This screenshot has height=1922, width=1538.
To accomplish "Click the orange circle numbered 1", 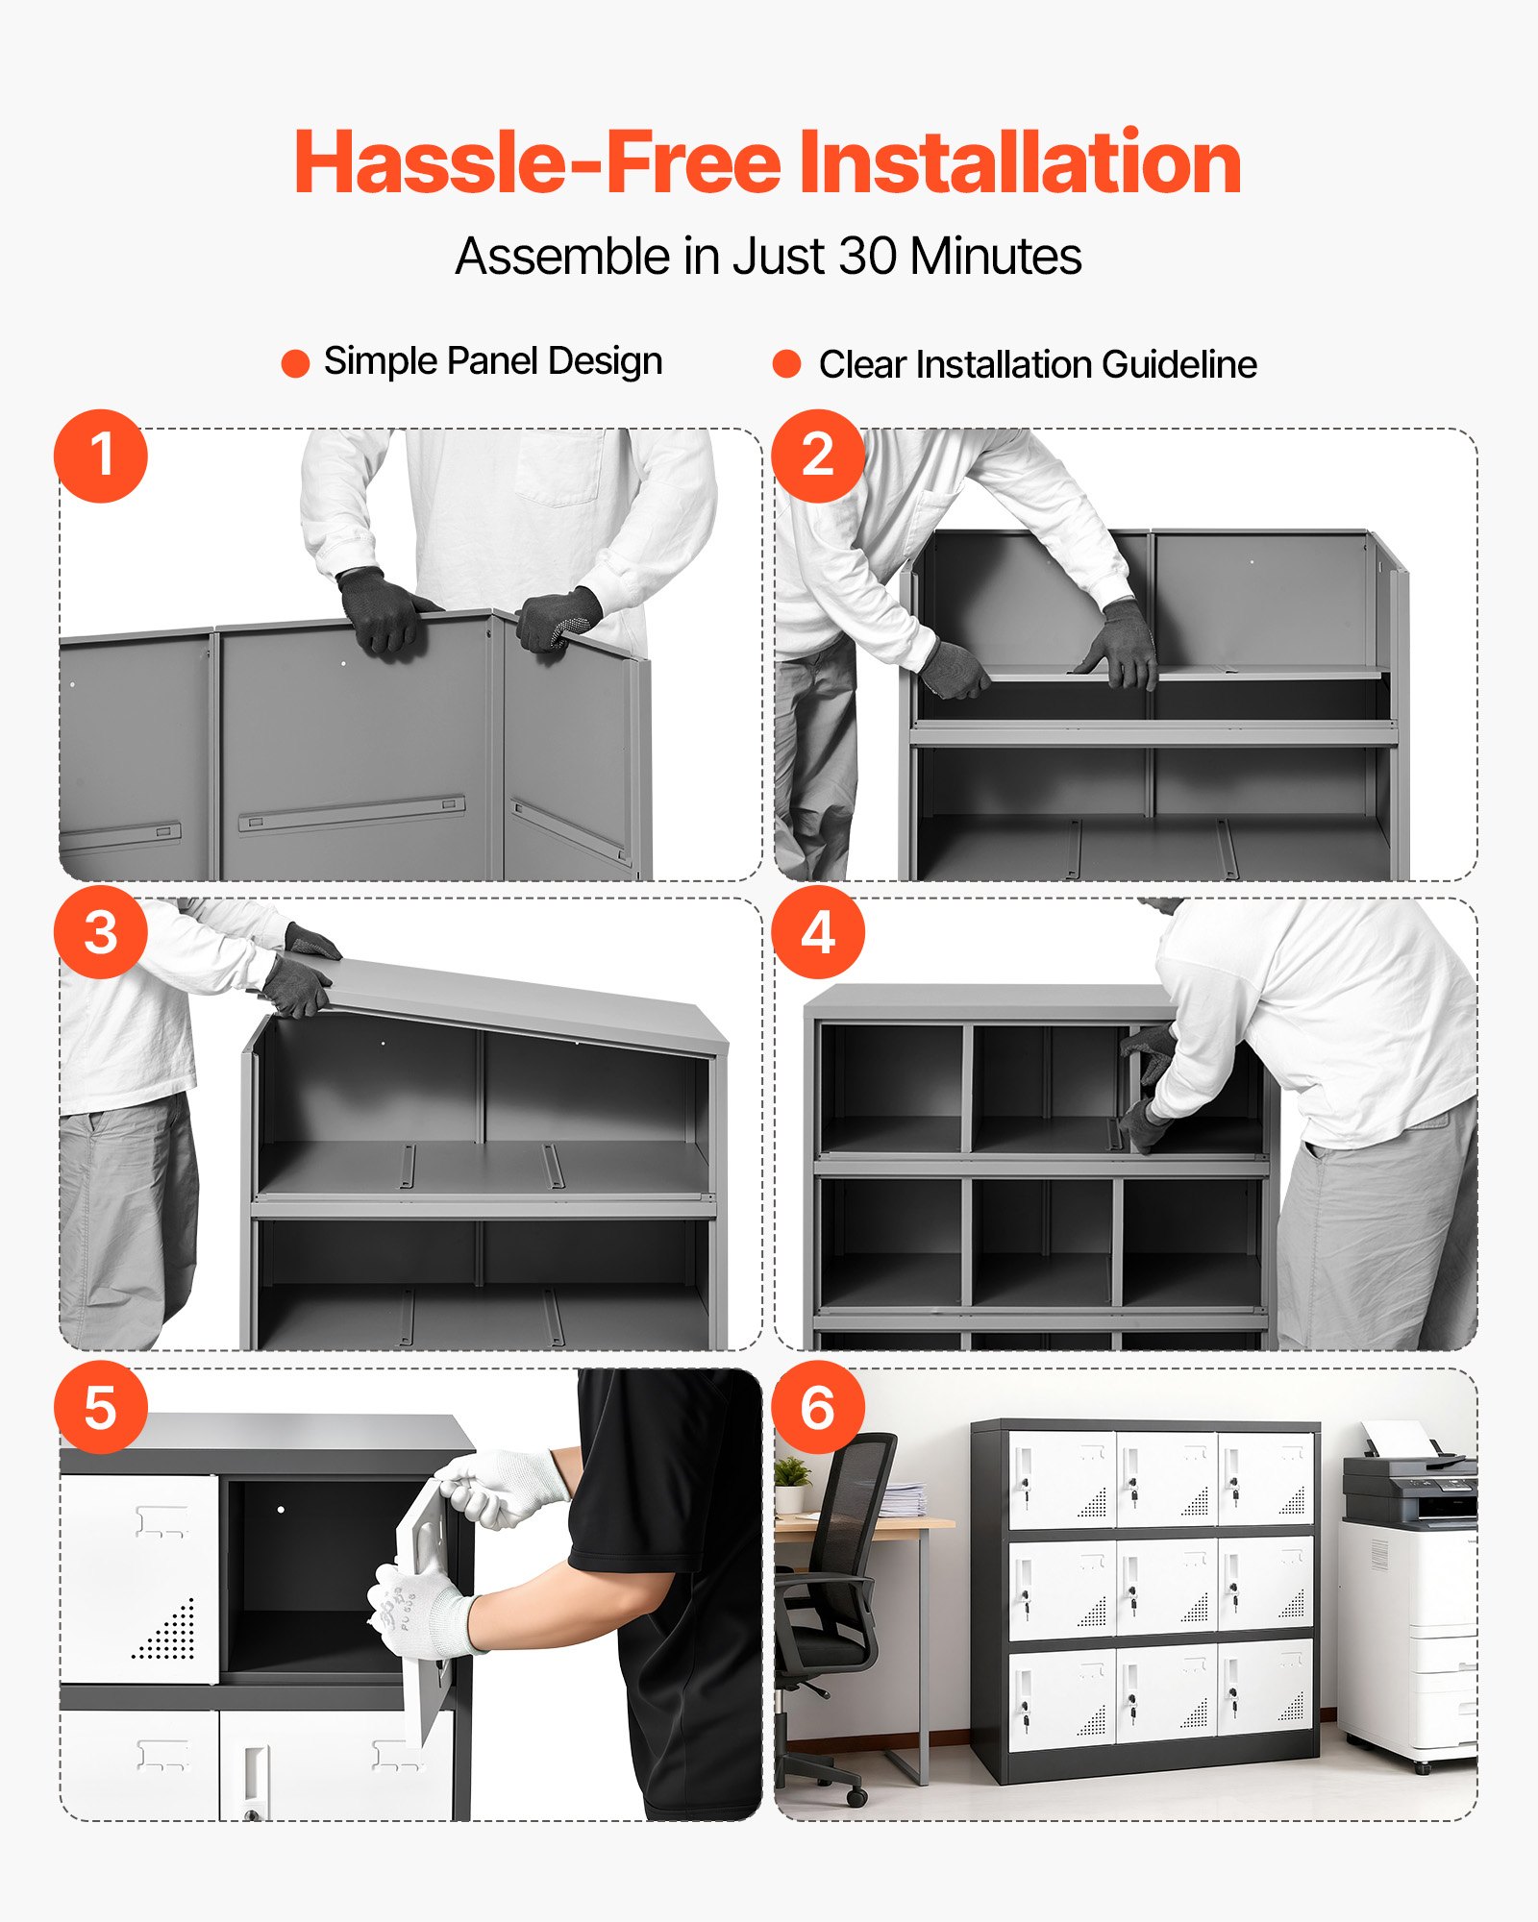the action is [x=101, y=456].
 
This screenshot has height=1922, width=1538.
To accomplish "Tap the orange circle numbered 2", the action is [x=818, y=456].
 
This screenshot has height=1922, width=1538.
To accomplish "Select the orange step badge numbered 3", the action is [x=101, y=932].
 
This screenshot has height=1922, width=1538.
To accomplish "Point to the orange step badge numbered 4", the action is [x=818, y=932].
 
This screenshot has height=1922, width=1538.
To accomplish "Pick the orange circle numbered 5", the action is [x=101, y=1408].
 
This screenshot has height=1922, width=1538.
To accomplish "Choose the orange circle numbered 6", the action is [x=818, y=1408].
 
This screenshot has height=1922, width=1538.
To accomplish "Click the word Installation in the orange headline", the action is [x=1020, y=161].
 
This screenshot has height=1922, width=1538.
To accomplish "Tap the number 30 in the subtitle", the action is [x=869, y=257].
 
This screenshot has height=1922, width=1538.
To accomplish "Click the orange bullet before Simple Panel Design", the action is [x=295, y=363].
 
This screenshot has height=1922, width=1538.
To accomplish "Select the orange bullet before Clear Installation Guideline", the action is [x=786, y=363].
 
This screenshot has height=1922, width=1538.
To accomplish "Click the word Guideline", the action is [x=1179, y=364].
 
